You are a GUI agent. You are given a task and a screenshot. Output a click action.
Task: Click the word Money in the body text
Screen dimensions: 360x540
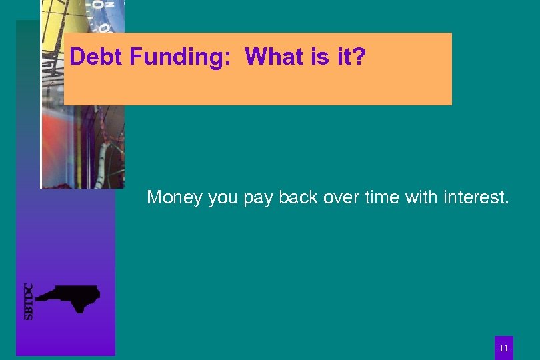coord(175,197)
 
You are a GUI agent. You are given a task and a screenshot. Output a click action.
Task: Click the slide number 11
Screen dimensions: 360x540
coord(504,348)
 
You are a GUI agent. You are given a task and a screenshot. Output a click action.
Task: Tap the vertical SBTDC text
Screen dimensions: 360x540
coord(29,301)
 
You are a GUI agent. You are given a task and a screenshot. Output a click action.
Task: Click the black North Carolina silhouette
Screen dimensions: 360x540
coord(69,297)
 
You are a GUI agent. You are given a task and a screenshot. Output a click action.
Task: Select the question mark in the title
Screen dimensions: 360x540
coord(360,57)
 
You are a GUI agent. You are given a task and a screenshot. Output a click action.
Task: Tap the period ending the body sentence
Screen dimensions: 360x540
coord(507,203)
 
